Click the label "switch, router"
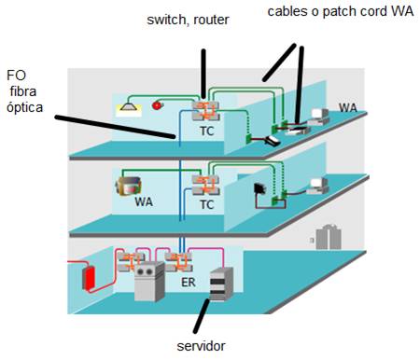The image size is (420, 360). click(x=188, y=20)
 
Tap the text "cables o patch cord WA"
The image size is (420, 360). click(x=341, y=11)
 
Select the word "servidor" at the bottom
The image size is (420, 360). click(x=201, y=346)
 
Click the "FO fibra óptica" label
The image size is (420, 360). click(x=24, y=91)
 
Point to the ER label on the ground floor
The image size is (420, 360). click(x=189, y=283)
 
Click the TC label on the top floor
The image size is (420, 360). click(x=207, y=132)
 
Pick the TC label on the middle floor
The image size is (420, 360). click(x=207, y=205)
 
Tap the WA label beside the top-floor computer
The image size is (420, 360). click(x=348, y=108)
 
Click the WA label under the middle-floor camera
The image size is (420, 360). click(x=144, y=202)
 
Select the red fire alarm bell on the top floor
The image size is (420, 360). click(x=158, y=105)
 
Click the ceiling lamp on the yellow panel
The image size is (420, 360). click(x=129, y=106)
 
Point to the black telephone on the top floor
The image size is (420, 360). click(x=273, y=141)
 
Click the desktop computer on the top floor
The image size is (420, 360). click(x=318, y=117)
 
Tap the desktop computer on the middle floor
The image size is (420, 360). click(x=317, y=187)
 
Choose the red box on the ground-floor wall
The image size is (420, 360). click(x=89, y=279)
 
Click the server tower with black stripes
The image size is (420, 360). click(x=221, y=284)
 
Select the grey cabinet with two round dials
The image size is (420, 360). click(x=149, y=282)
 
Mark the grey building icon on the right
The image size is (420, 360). click(x=329, y=237)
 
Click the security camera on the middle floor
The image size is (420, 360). click(x=128, y=187)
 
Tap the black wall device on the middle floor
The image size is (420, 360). click(x=259, y=188)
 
